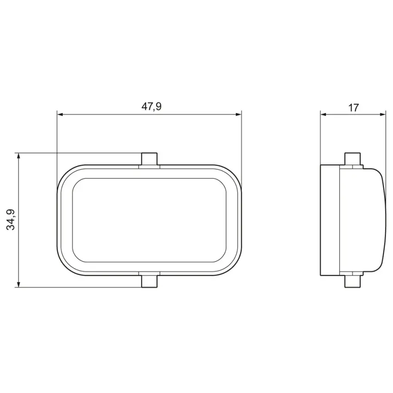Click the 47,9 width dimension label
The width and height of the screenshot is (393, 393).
(x=151, y=107)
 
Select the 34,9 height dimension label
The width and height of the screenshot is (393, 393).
(x=11, y=220)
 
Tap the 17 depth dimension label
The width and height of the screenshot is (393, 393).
(x=353, y=108)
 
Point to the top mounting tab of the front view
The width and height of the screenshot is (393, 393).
(x=149, y=159)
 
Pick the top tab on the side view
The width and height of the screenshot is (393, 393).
(x=353, y=159)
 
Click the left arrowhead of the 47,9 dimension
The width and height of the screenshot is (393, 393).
(x=60, y=115)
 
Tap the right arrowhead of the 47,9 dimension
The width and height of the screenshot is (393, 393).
(x=239, y=115)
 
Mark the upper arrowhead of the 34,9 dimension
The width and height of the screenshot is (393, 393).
(x=18, y=156)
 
